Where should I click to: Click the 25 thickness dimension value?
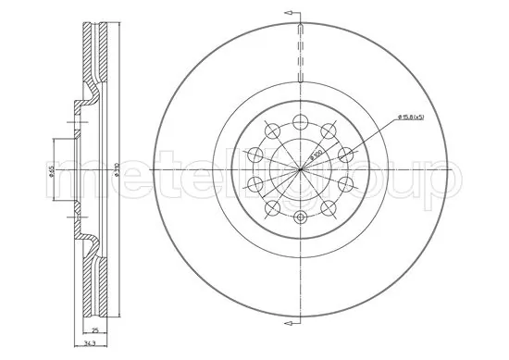(95, 330)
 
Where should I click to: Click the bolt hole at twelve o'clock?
(299, 118)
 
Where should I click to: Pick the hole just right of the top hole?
(329, 128)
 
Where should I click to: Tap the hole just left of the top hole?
(268, 128)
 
